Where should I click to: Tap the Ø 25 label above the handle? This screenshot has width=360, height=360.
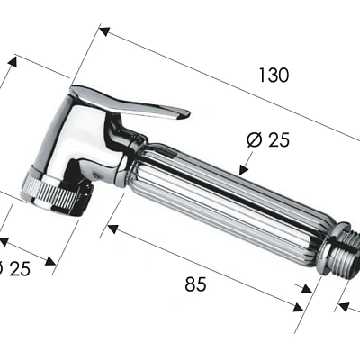[x=267, y=140]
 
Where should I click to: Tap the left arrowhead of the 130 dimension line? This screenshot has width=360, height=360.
[x=103, y=32]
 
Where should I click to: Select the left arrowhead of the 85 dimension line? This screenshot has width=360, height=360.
[x=112, y=229]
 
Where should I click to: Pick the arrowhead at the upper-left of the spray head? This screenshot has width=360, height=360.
[x=13, y=62]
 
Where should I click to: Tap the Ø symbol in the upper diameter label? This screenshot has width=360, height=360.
[x=253, y=140]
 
